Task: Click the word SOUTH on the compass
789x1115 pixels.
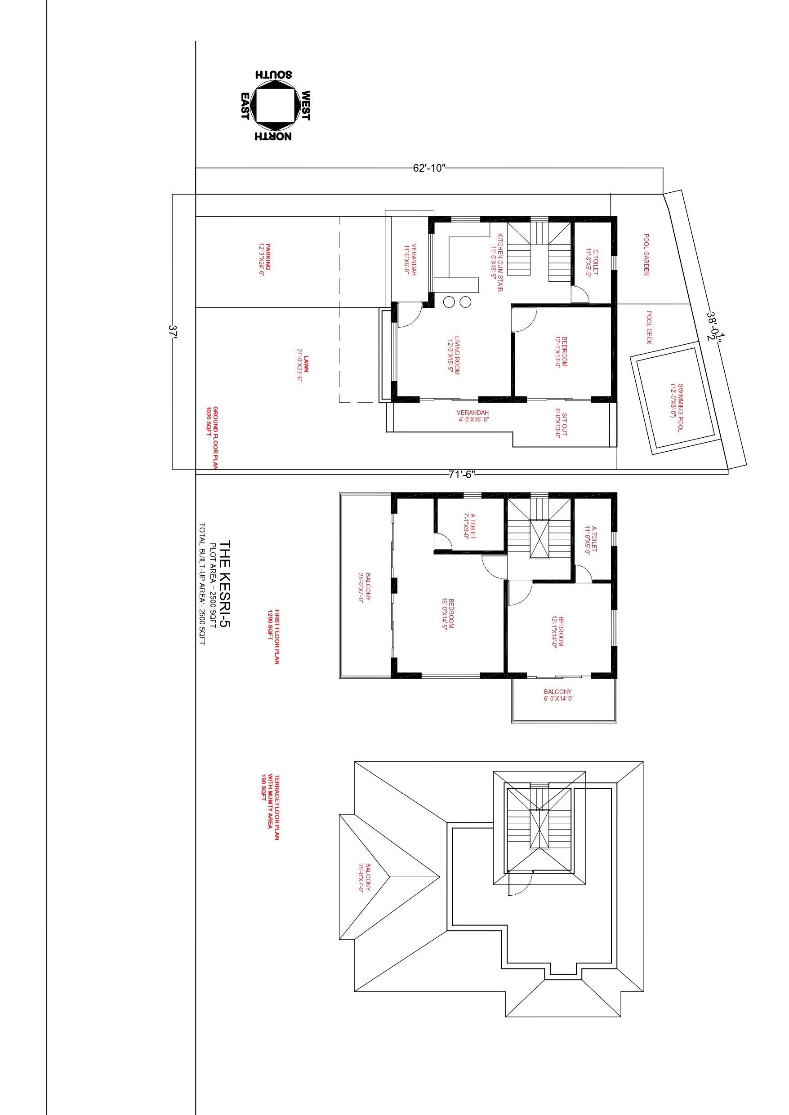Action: click(x=273, y=74)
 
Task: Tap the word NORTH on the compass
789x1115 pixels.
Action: click(x=273, y=137)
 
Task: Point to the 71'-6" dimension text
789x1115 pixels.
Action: click(x=462, y=475)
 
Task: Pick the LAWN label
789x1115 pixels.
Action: click(x=303, y=365)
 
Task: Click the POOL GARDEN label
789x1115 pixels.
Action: click(x=646, y=254)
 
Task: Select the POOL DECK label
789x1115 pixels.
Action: click(x=649, y=328)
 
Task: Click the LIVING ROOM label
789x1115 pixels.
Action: click(x=454, y=355)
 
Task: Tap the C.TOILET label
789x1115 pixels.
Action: click(x=592, y=262)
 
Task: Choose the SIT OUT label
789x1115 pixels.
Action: click(x=561, y=423)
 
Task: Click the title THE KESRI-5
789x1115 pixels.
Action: click(x=224, y=584)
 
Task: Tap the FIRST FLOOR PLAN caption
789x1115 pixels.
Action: click(x=274, y=637)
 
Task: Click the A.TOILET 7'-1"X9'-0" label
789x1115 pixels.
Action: click(x=469, y=526)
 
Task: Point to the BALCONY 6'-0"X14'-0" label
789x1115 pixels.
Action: click(x=558, y=695)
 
